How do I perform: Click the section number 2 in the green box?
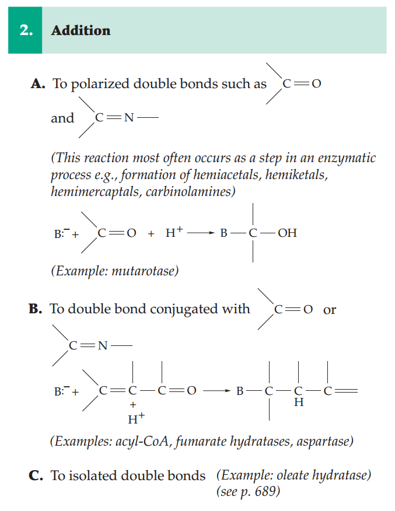coord(25,30)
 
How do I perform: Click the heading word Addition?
coord(81,30)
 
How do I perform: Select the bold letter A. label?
coord(38,83)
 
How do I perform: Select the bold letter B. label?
coord(36,309)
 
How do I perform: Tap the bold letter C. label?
coord(37,475)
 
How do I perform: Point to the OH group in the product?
coord(287,233)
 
